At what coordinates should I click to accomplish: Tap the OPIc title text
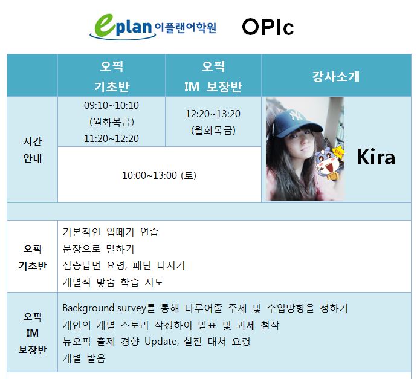268,27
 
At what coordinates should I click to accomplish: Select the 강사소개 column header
336,76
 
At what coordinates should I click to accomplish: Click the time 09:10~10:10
111,105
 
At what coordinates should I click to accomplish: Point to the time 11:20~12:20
111,138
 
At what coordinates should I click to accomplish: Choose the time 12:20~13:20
213,114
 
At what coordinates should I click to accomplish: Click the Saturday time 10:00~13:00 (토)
160,175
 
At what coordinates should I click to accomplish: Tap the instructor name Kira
376,157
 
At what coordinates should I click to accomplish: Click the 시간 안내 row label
33,150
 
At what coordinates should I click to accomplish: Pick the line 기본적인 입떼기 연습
111,232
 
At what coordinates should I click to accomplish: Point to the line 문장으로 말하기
99,249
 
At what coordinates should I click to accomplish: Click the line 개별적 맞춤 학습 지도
113,282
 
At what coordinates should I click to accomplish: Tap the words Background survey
104,308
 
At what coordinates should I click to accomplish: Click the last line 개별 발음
84,358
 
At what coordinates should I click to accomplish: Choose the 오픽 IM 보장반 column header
213,76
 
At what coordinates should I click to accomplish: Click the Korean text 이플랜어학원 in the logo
186,28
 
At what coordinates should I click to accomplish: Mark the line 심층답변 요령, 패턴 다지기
124,265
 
